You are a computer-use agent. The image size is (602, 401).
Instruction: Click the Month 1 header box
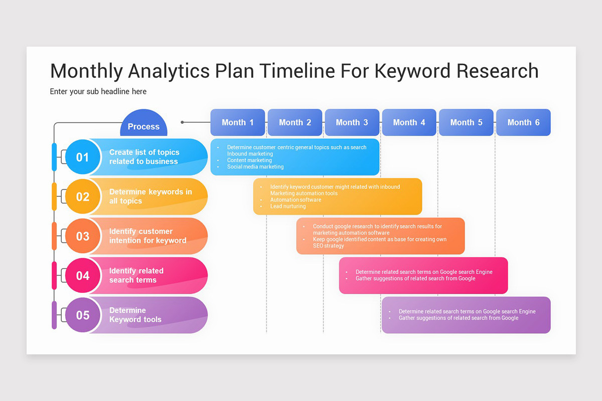tap(238, 122)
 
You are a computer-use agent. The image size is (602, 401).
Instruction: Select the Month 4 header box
tap(409, 122)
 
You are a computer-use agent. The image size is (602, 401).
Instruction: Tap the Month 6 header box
tap(523, 122)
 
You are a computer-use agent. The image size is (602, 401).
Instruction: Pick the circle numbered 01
tap(82, 157)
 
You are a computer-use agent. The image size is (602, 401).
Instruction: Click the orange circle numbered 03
tap(82, 236)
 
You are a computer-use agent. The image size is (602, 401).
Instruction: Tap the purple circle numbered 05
tap(82, 315)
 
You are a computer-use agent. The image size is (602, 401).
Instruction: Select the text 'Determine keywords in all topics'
tap(150, 196)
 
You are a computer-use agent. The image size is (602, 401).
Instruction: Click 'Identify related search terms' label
tap(136, 275)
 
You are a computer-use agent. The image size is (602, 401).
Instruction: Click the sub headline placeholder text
tap(98, 92)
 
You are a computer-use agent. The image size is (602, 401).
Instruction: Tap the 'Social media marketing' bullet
tap(255, 167)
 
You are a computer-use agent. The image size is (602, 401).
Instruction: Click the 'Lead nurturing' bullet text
tap(288, 206)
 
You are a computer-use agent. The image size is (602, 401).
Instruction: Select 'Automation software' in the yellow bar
tap(295, 199)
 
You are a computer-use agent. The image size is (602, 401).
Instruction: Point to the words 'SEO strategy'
tap(329, 246)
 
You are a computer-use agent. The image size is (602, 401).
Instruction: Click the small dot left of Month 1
tap(183, 122)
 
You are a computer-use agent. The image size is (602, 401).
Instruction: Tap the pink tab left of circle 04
tap(54, 275)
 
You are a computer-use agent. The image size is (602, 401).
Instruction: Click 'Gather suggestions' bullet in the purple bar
tap(459, 318)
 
